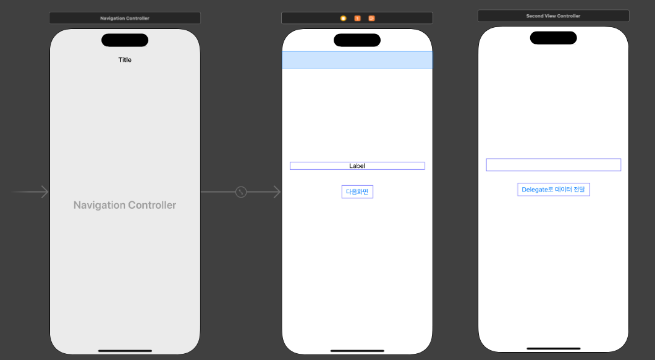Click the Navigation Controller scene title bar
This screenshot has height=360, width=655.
click(125, 18)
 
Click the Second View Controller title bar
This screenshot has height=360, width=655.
click(553, 15)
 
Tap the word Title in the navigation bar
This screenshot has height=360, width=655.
click(125, 60)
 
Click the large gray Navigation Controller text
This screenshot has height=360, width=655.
click(125, 205)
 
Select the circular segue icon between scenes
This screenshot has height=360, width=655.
click(241, 192)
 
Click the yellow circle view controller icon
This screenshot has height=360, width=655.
click(343, 18)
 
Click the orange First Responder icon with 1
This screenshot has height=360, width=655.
click(357, 18)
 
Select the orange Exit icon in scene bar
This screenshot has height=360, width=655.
click(371, 18)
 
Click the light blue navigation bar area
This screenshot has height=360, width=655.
click(357, 60)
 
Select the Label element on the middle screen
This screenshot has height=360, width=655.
click(357, 165)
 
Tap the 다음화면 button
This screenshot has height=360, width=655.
click(357, 191)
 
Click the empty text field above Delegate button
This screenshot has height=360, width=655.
click(553, 165)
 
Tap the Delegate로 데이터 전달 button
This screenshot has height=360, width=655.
click(553, 190)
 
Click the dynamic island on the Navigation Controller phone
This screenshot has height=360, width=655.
click(125, 40)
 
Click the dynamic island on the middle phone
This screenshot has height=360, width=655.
click(357, 40)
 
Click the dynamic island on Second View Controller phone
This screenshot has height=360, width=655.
click(553, 38)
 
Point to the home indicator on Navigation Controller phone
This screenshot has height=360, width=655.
click(125, 351)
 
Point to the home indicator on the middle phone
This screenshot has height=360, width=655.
click(357, 351)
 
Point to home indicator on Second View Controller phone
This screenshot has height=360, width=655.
click(553, 348)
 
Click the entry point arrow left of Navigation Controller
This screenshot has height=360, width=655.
click(31, 192)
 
